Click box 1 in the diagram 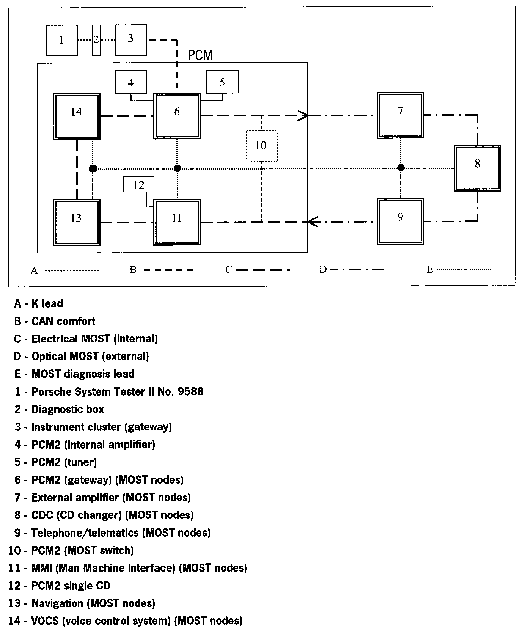click(x=61, y=40)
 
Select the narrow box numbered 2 click(x=96, y=40)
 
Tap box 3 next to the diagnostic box click(x=131, y=40)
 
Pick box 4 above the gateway click(x=131, y=82)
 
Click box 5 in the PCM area click(x=222, y=82)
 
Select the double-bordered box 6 click(x=177, y=116)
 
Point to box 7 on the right click(x=400, y=115)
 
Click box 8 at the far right click(x=477, y=168)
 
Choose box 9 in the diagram click(x=400, y=221)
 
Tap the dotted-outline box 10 click(x=261, y=146)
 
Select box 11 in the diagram click(x=177, y=222)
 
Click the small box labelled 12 click(x=139, y=185)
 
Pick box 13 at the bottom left click(x=77, y=222)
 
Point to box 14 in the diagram click(x=77, y=116)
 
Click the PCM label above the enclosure click(x=200, y=55)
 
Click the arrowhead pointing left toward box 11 click(x=312, y=221)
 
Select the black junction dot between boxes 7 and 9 click(x=401, y=168)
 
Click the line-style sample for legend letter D click(x=357, y=270)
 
